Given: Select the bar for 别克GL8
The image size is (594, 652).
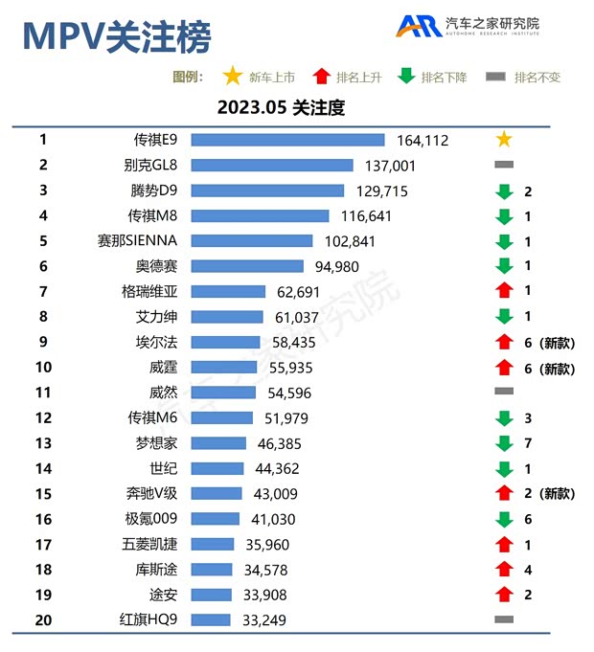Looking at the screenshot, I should click(x=273, y=166).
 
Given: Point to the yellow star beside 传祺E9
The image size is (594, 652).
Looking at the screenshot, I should click(x=504, y=140).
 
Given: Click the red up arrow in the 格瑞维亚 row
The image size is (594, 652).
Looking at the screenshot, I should click(x=504, y=291).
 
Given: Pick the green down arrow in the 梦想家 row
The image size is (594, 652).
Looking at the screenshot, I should click(x=504, y=443).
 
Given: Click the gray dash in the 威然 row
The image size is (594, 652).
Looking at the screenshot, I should click(x=504, y=392).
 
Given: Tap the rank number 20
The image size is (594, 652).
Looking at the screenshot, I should click(x=43, y=619).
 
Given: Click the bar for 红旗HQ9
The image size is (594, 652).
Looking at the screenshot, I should click(x=212, y=619).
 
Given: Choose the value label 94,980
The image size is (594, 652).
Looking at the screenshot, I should click(x=337, y=266).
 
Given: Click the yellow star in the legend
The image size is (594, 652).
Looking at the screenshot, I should click(x=232, y=77).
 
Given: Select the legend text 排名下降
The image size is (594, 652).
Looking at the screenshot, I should click(x=444, y=78).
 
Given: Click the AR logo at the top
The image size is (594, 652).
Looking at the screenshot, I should click(x=419, y=26).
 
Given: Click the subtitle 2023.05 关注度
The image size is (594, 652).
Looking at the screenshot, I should click(x=281, y=107).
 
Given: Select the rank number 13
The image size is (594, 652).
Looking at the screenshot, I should click(x=43, y=443).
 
